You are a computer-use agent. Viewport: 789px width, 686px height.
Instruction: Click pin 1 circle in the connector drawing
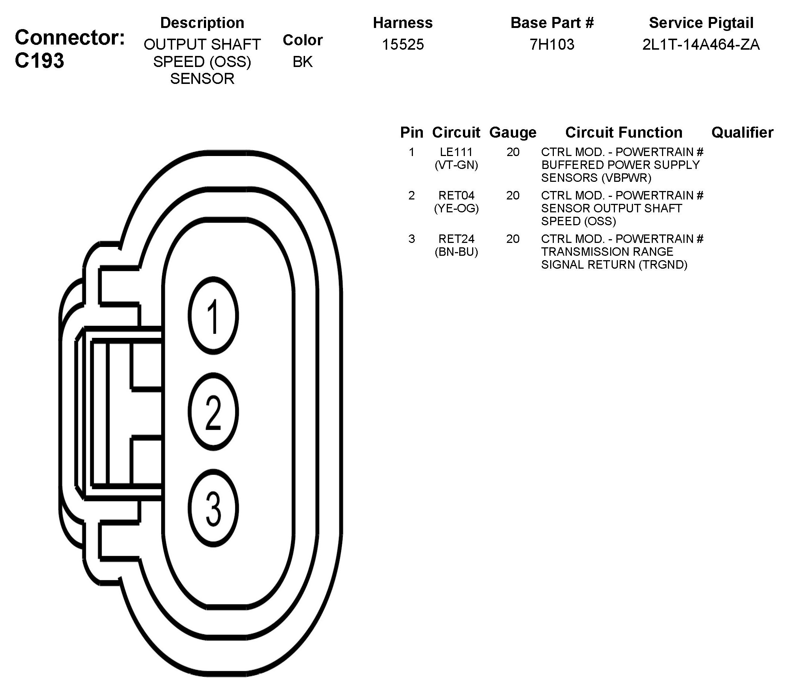[213, 316]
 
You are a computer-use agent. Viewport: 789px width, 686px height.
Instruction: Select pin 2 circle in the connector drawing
[213, 413]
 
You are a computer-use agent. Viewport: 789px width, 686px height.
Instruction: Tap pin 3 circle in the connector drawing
[213, 509]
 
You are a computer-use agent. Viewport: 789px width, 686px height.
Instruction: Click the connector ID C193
[39, 60]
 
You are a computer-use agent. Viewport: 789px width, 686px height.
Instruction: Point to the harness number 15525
[403, 45]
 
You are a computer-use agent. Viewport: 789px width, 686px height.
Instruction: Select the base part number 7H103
[552, 45]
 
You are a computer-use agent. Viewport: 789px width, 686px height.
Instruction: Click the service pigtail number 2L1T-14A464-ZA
[701, 45]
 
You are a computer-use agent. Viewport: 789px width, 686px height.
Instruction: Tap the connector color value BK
[302, 61]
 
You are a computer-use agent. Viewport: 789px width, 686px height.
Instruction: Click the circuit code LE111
[456, 152]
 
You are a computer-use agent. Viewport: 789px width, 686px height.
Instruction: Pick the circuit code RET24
[456, 239]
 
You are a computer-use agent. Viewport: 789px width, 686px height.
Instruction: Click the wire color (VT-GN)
[456, 165]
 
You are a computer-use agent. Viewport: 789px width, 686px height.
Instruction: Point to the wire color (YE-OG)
[456, 209]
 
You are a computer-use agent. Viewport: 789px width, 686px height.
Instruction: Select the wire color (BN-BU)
[456, 252]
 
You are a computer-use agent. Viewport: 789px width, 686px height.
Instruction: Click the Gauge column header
[513, 132]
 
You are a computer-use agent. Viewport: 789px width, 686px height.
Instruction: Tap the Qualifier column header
[742, 132]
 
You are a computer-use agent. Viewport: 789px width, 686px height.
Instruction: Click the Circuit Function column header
[624, 132]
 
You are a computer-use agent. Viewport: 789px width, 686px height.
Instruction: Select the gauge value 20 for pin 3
[513, 239]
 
